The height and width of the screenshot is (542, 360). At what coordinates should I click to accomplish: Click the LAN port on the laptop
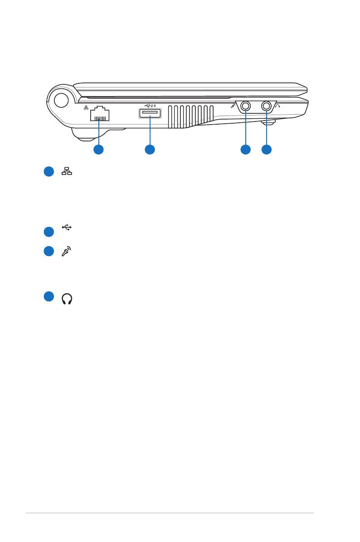[x=100, y=114]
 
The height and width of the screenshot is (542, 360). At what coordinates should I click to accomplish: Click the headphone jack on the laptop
[x=266, y=106]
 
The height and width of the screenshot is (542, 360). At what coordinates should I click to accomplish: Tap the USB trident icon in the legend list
[x=67, y=227]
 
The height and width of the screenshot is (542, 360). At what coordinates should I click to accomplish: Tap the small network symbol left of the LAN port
[x=86, y=108]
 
